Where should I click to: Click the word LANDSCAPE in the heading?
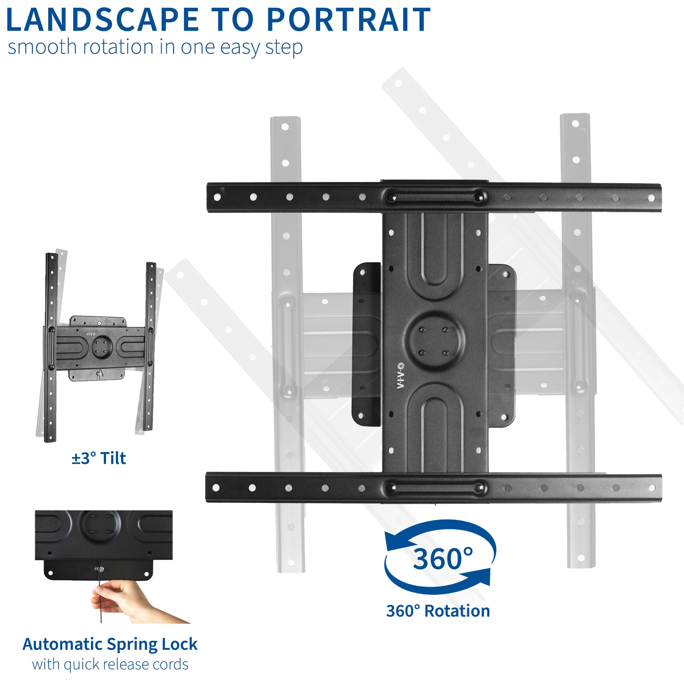[103, 20]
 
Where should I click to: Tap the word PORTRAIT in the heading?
[349, 20]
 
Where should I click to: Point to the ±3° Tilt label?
[99, 458]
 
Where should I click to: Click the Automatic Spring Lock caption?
[110, 644]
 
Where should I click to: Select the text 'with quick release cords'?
[110, 665]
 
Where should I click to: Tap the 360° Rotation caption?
[438, 611]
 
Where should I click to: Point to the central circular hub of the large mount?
[434, 342]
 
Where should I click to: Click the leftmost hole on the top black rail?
[218, 197]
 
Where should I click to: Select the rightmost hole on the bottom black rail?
[652, 488]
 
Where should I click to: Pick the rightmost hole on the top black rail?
[652, 198]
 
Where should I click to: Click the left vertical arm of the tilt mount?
[51, 347]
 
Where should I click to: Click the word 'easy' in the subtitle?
[240, 47]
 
